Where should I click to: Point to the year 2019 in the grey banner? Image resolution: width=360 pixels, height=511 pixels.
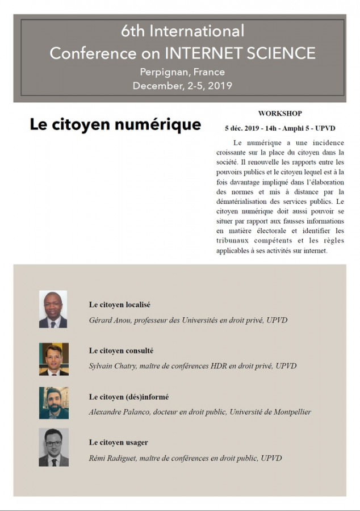coord(220,86)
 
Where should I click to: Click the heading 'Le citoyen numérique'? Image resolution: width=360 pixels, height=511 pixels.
coord(115,124)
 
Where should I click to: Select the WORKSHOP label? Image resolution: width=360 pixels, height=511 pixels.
coord(280,114)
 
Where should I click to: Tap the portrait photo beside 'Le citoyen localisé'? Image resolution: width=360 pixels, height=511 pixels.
coord(53,309)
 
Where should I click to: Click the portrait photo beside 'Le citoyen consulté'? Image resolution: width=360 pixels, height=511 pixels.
coord(53,359)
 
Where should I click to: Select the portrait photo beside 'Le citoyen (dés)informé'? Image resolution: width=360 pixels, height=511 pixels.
coord(53,403)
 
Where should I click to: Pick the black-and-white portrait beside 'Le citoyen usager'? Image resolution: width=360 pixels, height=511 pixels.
coord(53,447)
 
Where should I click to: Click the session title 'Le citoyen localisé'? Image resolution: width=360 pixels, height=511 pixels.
coord(119,305)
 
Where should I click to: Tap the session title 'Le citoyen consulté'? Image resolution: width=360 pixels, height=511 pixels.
coord(121,351)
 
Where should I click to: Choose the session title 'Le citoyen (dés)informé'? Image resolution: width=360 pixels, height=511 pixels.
coord(129,397)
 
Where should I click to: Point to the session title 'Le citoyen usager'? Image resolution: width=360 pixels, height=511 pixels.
coord(118,442)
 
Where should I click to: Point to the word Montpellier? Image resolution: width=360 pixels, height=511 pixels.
coord(290,412)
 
